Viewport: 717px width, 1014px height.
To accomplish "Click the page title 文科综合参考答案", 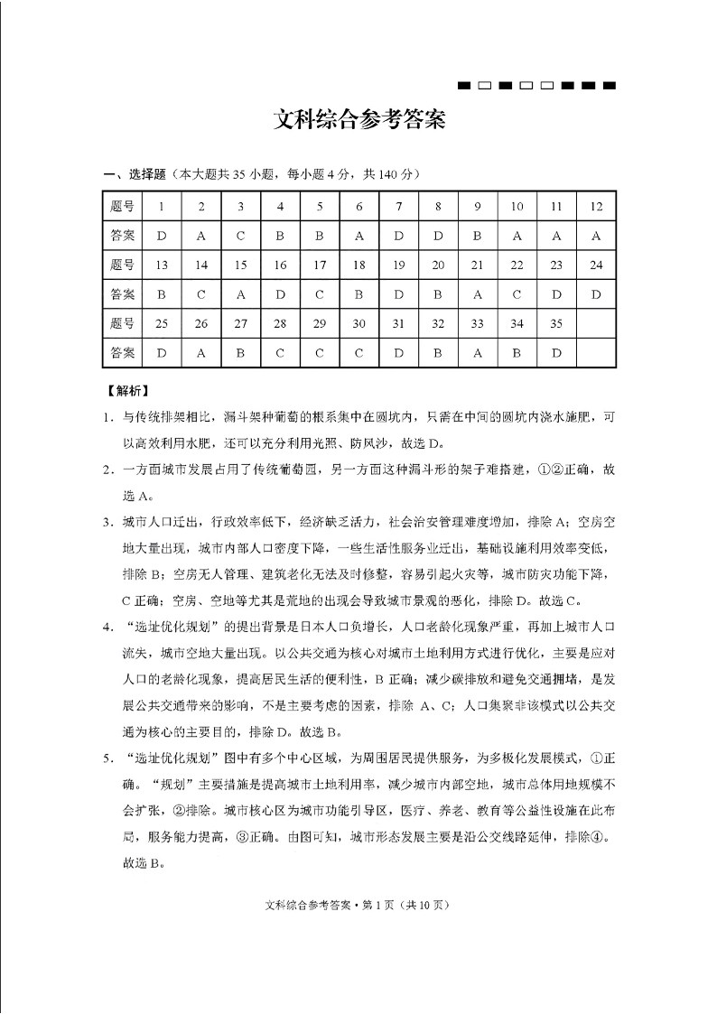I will (358, 121).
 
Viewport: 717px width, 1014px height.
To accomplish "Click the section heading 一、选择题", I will (134, 173).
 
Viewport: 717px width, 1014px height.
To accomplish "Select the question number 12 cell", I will (596, 206).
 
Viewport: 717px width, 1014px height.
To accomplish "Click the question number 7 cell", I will (398, 206).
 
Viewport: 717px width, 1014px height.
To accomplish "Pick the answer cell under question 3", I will (240, 236).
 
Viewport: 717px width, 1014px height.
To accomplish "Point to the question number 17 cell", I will (319, 265).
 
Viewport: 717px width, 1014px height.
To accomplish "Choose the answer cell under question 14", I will (201, 294).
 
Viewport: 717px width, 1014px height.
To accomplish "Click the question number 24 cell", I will (596, 265).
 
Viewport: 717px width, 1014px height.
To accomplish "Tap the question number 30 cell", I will (358, 323).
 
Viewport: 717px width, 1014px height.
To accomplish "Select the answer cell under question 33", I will (477, 353).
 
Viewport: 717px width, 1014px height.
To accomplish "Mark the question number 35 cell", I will (556, 323).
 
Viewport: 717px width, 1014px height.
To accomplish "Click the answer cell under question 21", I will (477, 294).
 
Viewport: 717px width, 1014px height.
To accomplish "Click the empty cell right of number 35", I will (596, 323).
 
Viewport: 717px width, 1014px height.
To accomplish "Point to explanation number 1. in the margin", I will (107, 417).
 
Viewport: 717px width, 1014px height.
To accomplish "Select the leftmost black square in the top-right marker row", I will (465, 86).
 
